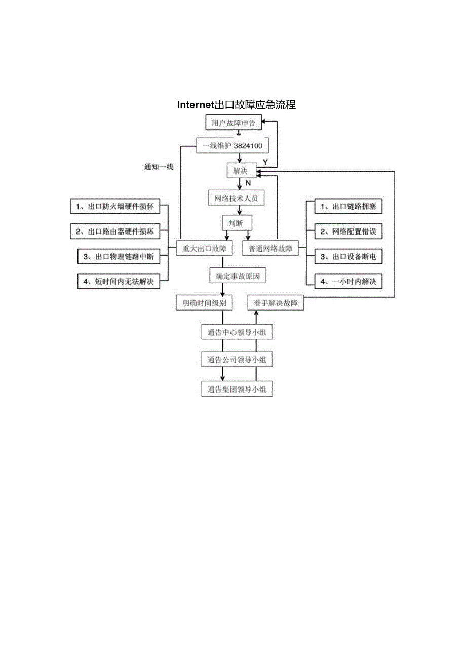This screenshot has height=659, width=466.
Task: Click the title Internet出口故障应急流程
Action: pos(236,105)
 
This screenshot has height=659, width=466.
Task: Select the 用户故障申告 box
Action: pos(234,123)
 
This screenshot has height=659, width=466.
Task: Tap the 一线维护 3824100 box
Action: pos(232,146)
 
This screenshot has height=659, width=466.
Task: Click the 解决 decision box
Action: pos(241,171)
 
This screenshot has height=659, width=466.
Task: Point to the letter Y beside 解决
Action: pos(265,162)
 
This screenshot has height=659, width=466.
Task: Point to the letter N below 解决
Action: pos(248,182)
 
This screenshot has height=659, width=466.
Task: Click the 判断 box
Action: pos(237,222)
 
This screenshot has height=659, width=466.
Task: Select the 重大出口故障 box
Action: pos(205,249)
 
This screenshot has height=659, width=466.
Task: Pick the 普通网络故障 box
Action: pos(270,249)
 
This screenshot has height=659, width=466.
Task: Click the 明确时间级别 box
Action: pos(205,303)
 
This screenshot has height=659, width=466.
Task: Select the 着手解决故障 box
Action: pos(276,303)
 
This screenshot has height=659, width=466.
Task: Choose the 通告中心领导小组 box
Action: pos(237,333)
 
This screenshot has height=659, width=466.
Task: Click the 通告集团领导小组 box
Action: pos(237,390)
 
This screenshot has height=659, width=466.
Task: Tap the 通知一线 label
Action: pos(159,167)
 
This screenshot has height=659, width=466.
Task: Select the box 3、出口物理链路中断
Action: pos(118,257)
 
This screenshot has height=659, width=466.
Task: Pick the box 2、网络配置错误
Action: pos(347,232)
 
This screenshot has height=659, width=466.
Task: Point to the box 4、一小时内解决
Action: pos(347,282)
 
